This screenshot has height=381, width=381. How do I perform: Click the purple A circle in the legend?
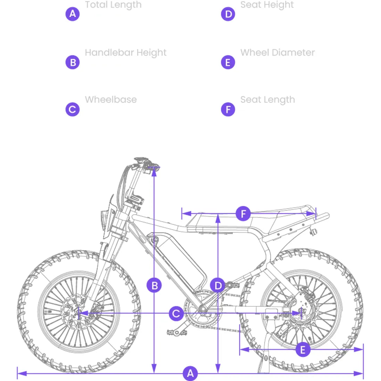[x=72, y=14]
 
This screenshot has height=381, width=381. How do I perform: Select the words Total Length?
[x=113, y=5]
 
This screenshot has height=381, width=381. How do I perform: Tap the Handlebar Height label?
[x=126, y=53]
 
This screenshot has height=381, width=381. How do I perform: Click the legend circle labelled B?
[x=72, y=62]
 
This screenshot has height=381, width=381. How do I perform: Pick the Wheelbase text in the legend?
[x=111, y=99]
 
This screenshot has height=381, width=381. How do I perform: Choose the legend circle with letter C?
[x=72, y=109]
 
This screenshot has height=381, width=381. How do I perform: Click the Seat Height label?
[x=267, y=5]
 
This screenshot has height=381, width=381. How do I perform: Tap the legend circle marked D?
[x=228, y=14]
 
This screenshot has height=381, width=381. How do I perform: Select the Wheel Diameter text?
[x=278, y=52]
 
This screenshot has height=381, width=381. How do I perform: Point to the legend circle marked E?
[x=228, y=62]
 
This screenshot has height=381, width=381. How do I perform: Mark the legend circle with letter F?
[x=228, y=109]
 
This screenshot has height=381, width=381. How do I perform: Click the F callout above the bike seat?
[x=243, y=214]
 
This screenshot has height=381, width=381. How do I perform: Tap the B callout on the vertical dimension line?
[x=154, y=285]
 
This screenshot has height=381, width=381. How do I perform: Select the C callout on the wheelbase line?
[x=176, y=313]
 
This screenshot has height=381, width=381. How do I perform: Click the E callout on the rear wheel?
[x=303, y=350]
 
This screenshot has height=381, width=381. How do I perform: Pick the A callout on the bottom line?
[x=190, y=373]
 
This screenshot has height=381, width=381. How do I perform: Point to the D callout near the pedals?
[x=218, y=285]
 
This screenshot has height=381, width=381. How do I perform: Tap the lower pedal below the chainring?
[x=177, y=332]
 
